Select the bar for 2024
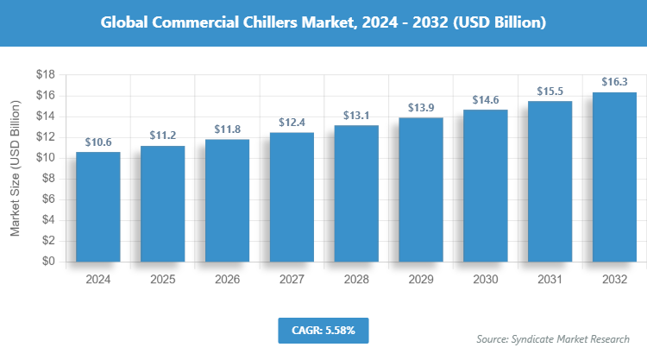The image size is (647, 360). point(97,206)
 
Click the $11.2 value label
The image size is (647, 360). point(162,136)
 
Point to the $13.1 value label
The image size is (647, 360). point(356,116)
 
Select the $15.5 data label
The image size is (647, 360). point(550,91)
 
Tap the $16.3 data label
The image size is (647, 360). point(614,82)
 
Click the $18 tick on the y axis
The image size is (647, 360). point(46,74)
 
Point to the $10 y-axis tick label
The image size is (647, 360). point(46,158)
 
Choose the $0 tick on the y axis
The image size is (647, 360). point(49,262)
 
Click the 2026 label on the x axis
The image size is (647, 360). point(227,280)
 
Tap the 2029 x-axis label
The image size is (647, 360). point(421,280)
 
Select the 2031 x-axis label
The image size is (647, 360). point(550,280)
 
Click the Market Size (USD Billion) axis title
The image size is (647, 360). point(15,168)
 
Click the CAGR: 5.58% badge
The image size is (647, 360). point(323,330)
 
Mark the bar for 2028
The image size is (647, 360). point(356,193)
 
